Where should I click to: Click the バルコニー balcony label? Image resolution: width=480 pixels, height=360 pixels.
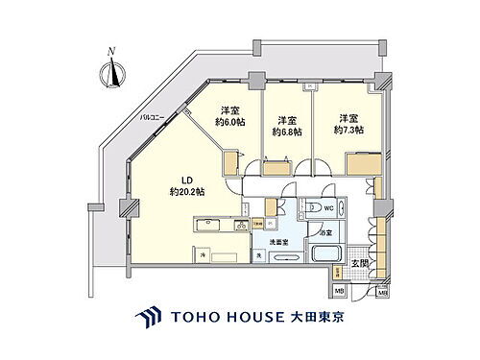click(150, 118)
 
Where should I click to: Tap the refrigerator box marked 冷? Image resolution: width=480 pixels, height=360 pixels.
click(207, 253)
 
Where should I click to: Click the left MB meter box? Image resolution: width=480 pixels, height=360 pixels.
click(339, 291)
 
